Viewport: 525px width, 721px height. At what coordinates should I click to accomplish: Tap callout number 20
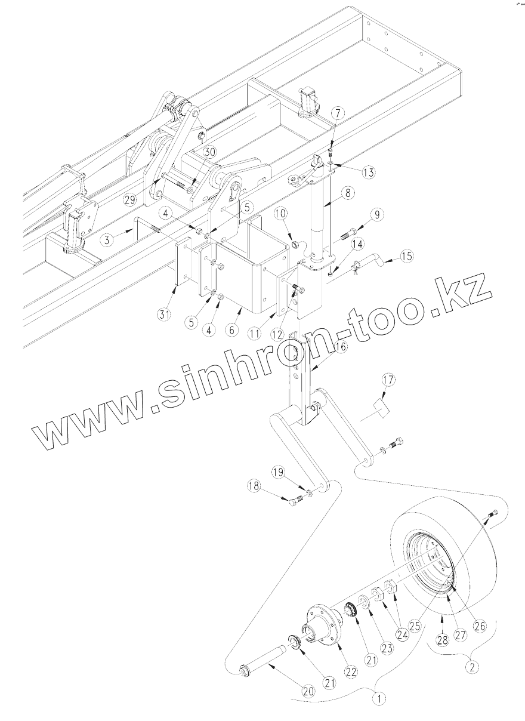point(308,691)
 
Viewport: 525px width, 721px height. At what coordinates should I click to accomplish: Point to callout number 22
point(351,671)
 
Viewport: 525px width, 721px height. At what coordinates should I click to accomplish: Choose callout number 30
point(208,152)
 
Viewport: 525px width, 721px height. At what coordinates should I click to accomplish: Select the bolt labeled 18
point(295,501)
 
